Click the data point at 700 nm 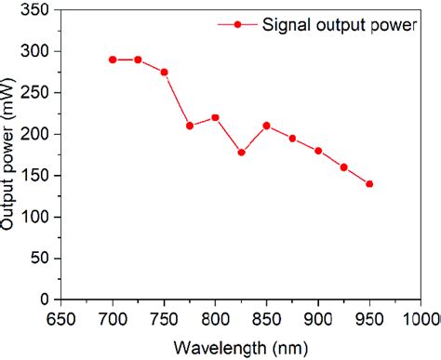(113, 60)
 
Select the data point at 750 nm (164, 72)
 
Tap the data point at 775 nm (190, 126)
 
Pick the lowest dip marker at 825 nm (241, 153)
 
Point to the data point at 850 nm (267, 126)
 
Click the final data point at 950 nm (369, 184)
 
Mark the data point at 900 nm (318, 151)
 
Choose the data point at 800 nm (215, 117)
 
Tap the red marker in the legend (238, 25)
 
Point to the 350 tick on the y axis (37, 10)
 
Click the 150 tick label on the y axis (37, 176)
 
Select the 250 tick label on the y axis (37, 93)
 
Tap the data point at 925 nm (344, 167)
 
